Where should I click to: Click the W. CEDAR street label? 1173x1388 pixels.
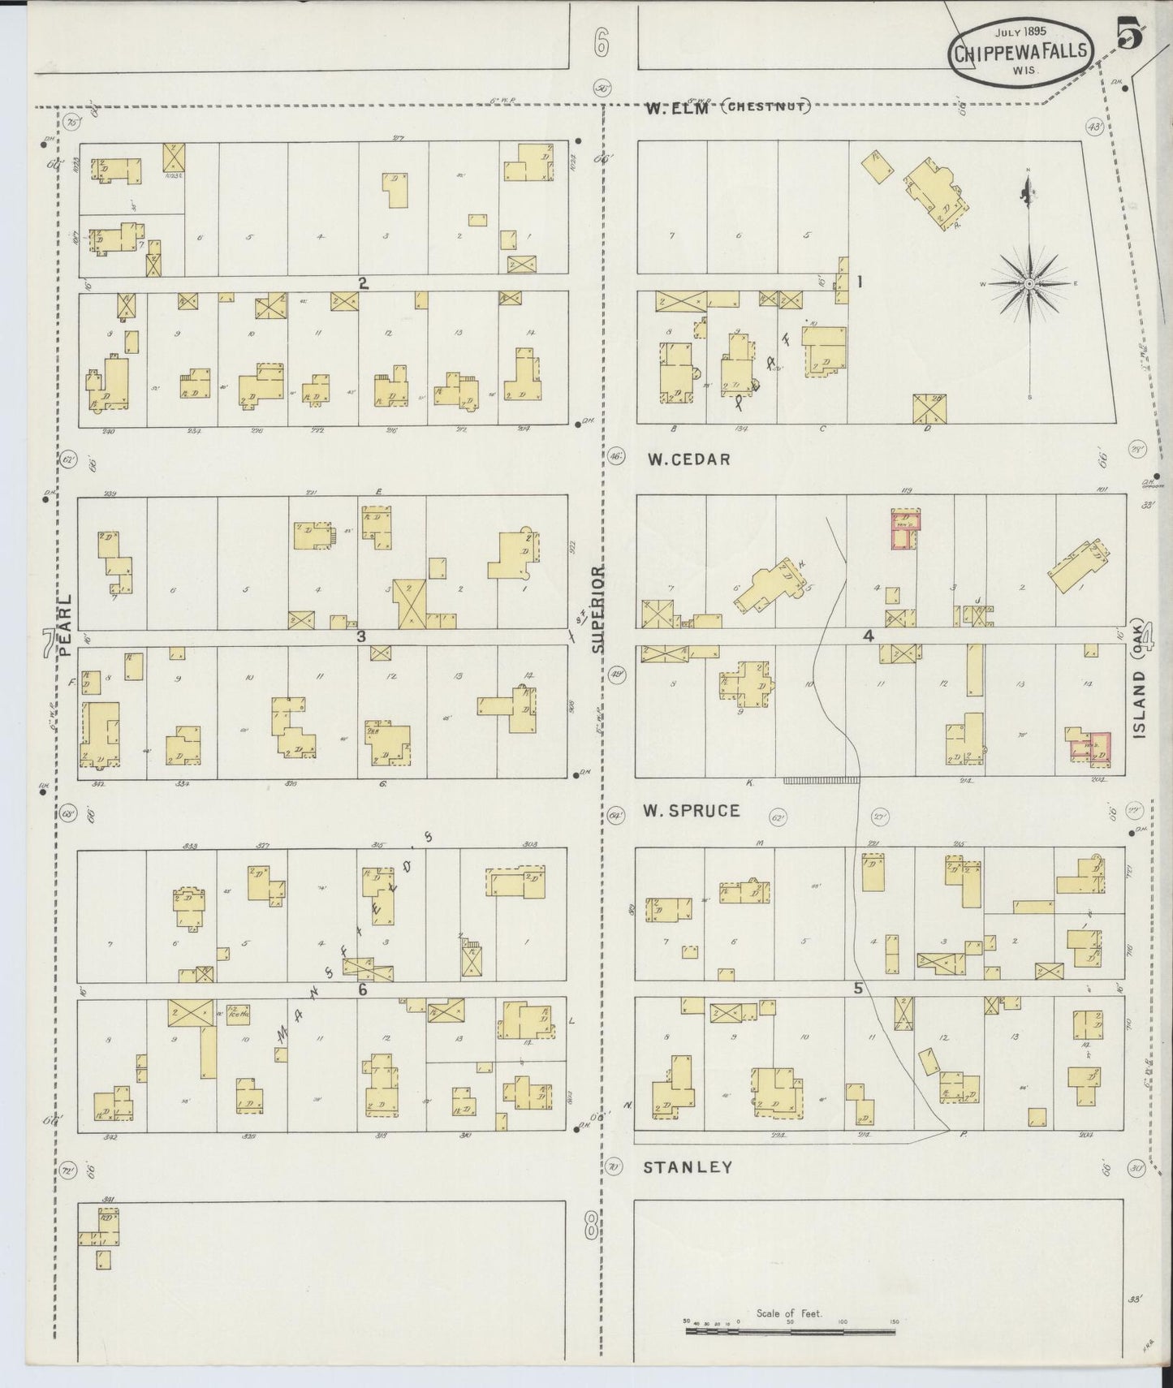[688, 459]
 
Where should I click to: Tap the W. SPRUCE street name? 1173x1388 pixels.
[691, 810]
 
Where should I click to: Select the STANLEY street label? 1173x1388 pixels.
[688, 1167]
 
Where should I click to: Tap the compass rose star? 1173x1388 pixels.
[1029, 283]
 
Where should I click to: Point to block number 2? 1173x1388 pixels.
[363, 283]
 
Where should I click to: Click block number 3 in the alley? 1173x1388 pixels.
[361, 637]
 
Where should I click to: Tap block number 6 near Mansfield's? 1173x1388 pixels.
[362, 989]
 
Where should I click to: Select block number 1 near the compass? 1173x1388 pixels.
[859, 282]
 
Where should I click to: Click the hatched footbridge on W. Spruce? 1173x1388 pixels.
[822, 780]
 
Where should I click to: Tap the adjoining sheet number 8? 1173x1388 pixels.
[591, 1226]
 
